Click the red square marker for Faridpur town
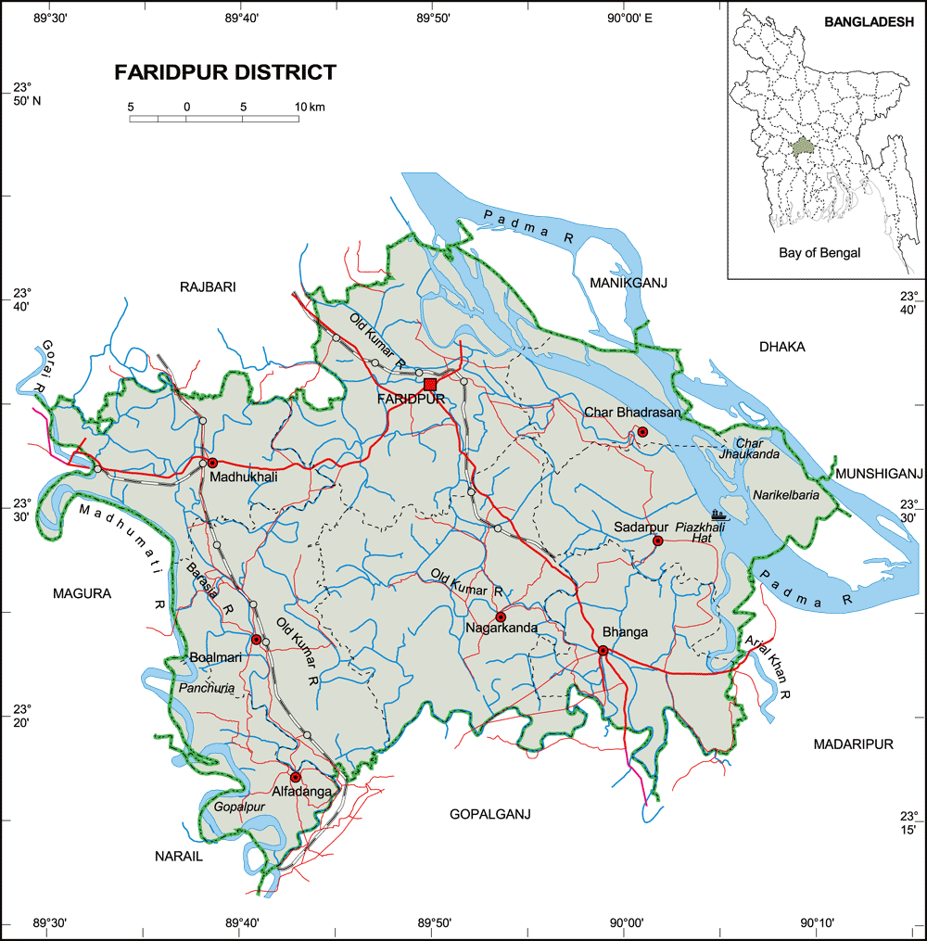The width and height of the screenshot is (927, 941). tap(429, 384)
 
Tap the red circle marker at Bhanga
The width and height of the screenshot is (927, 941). tap(603, 651)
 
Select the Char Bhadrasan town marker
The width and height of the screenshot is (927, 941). tap(641, 432)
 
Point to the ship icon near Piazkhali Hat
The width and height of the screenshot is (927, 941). tap(720, 515)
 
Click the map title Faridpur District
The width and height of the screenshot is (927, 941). tap(225, 72)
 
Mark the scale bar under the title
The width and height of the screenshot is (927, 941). tap(213, 119)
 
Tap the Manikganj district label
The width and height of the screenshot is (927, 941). tap(628, 282)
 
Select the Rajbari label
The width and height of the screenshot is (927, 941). tap(208, 287)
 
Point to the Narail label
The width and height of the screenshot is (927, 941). tap(178, 857)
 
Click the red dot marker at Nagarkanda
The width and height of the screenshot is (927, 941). tap(501, 617)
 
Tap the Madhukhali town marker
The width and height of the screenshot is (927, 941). tap(212, 463)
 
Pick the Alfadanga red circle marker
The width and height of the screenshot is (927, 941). tap(295, 777)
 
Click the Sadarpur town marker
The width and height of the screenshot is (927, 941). tap(657, 540)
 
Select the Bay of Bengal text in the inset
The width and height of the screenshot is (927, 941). tap(819, 252)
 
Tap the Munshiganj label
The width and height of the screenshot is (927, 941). tap(880, 474)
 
